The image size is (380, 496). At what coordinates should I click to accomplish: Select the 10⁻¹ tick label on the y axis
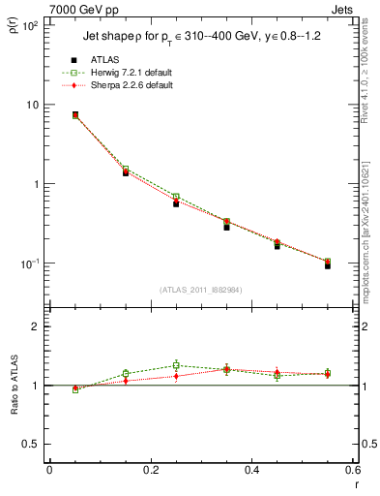pos(28,263)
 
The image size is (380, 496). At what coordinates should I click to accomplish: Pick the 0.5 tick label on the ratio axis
pos(30,444)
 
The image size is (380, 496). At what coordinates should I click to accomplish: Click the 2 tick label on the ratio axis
pos(35,326)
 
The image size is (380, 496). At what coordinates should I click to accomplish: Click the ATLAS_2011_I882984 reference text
pos(200,289)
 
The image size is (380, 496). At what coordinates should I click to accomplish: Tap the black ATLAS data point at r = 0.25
pos(176,203)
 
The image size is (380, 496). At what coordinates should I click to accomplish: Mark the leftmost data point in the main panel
pos(75,114)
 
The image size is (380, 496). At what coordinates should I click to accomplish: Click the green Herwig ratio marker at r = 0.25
pos(176,365)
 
